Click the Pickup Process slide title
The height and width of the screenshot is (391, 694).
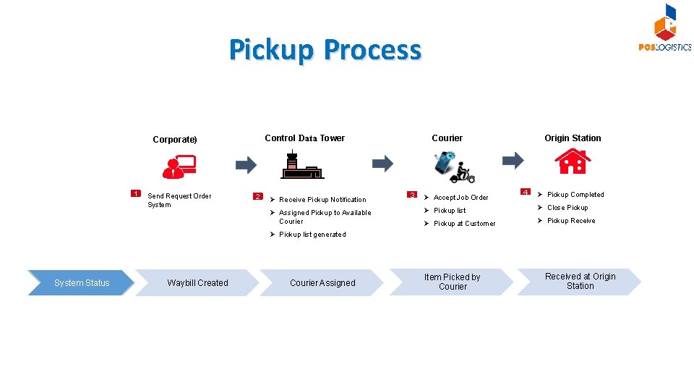point(325,50)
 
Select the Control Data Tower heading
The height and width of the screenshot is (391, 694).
point(304,138)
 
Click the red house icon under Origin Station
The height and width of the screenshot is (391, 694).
point(573,161)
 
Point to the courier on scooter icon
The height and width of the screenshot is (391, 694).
point(455,167)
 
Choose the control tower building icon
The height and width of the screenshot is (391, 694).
point(301,165)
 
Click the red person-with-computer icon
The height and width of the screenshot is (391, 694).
point(178,167)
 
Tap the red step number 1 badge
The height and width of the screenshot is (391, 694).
point(135,193)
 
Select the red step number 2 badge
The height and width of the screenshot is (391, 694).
point(258,196)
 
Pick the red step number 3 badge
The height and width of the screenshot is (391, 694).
point(412,195)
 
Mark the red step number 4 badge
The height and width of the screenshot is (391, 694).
point(526,192)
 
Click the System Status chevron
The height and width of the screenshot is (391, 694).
point(81,282)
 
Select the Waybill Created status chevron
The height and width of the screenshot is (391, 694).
point(197,282)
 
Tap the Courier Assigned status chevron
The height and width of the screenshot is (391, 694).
point(322,282)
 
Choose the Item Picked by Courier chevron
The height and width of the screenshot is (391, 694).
point(452,282)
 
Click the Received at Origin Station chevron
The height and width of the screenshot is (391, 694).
point(580,281)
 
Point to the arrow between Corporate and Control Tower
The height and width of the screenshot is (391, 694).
point(246,164)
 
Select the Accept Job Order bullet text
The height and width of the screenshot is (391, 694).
point(460,198)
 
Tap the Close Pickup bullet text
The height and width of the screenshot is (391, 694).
point(567,208)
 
